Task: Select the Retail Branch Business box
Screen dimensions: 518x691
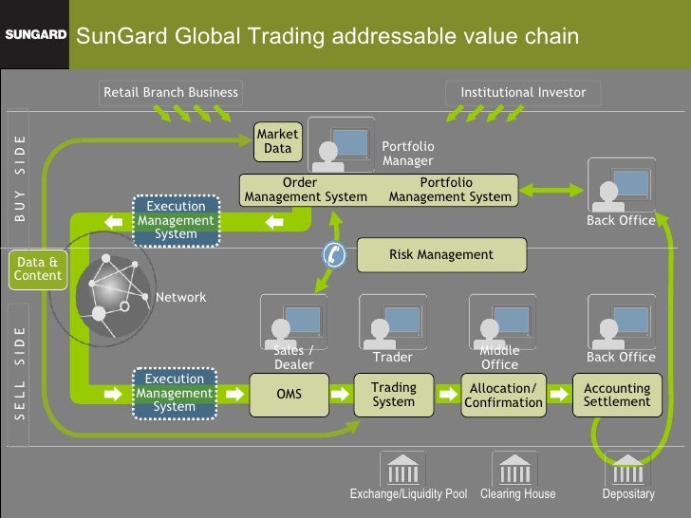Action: click(x=171, y=92)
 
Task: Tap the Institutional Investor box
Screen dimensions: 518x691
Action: click(x=523, y=92)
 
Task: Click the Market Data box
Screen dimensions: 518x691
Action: click(x=277, y=141)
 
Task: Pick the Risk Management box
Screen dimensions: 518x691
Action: click(x=440, y=254)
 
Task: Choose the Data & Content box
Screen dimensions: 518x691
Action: click(x=37, y=268)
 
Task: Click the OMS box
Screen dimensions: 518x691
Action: click(x=289, y=394)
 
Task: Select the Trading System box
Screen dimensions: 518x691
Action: click(x=393, y=395)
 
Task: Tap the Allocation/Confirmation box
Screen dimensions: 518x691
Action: click(x=503, y=395)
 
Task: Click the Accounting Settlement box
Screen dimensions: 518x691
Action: click(x=617, y=395)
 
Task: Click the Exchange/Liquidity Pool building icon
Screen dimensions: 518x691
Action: click(x=402, y=469)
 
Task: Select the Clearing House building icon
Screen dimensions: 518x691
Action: click(x=514, y=469)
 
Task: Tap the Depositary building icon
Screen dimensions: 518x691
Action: click(x=627, y=469)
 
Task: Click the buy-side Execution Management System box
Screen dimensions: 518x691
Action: click(x=176, y=220)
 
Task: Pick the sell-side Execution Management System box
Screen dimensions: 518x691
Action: click(x=175, y=393)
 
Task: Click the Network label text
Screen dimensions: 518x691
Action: click(x=180, y=297)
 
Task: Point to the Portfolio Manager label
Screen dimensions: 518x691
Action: click(x=407, y=154)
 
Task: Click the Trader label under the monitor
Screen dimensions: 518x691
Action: click(x=393, y=358)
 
